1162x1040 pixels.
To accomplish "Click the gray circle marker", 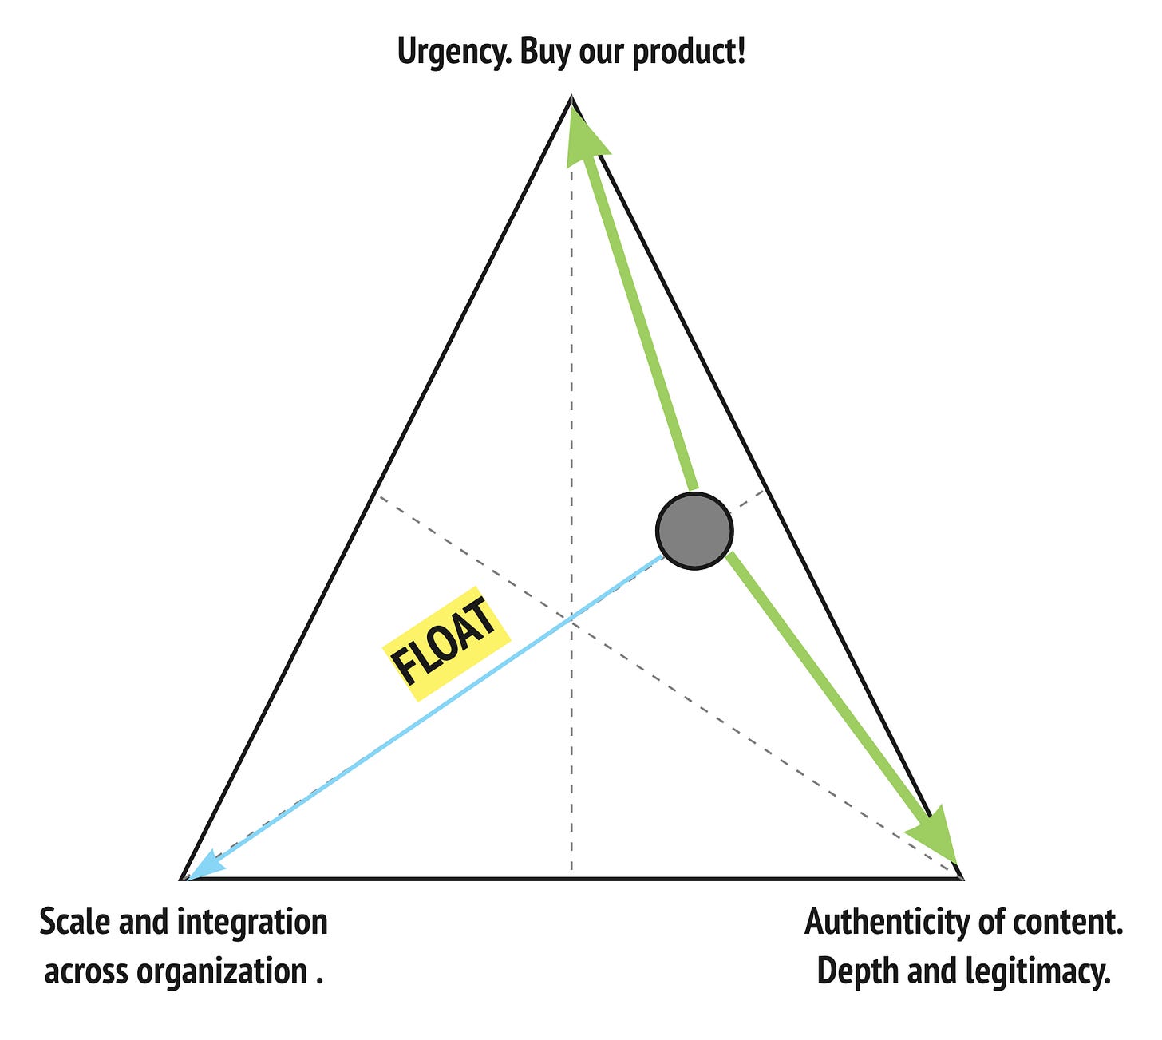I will (x=694, y=531).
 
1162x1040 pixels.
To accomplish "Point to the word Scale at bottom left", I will (x=75, y=922).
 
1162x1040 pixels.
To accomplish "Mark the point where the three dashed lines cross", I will (x=571, y=616).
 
